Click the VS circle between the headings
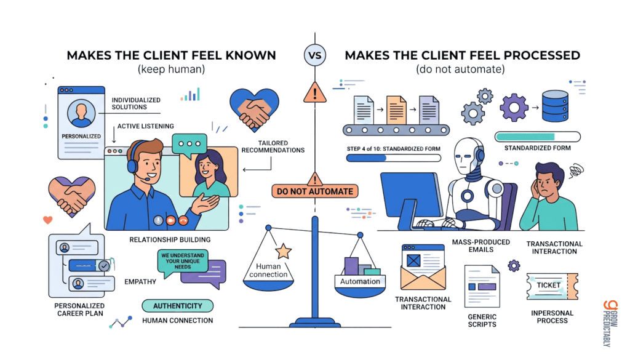[x=314, y=55]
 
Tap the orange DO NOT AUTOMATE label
[x=314, y=191]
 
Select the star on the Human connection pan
[x=283, y=251]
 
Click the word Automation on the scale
[x=360, y=281]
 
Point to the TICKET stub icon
[x=552, y=286]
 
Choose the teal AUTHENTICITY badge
[x=178, y=306]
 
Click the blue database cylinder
[x=555, y=106]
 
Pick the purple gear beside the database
[x=514, y=107]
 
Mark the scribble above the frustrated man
[x=576, y=170]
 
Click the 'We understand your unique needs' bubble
[x=182, y=262]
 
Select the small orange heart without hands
[x=48, y=220]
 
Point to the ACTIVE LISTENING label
[x=145, y=126]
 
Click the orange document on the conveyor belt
[x=396, y=110]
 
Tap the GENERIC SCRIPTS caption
[x=482, y=321]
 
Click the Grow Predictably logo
[x=610, y=323]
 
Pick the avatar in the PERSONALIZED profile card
[x=81, y=114]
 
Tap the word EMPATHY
[x=140, y=282]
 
